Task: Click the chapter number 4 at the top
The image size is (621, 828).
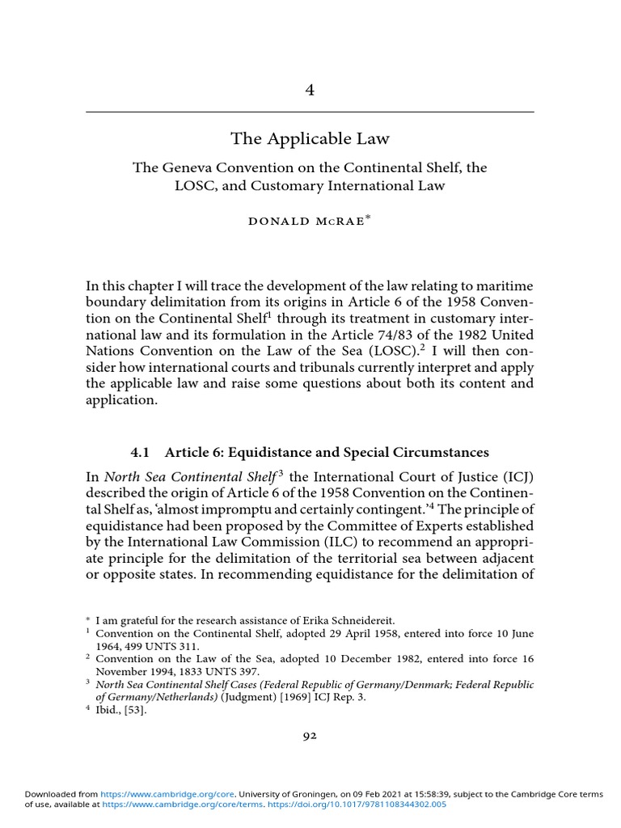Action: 310,90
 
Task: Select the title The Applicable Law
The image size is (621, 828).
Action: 310,139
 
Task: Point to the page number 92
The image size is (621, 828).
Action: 310,734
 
